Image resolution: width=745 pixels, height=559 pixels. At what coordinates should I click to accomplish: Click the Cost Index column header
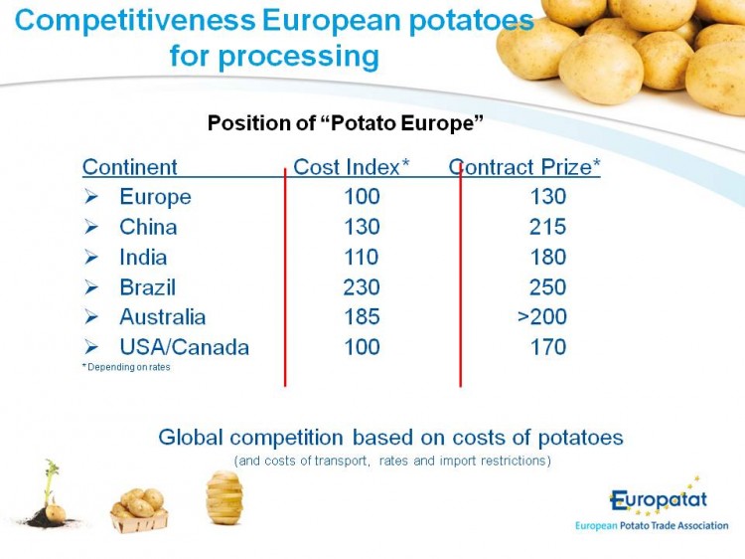pos(351,167)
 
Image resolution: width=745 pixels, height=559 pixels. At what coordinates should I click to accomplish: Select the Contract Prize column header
pos(524,167)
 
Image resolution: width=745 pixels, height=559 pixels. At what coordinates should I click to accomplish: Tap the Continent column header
pos(130,167)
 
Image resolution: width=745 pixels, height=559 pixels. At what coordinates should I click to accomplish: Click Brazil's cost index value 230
pos(362,286)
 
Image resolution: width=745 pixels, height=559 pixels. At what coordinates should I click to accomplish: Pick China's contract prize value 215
pos(547,227)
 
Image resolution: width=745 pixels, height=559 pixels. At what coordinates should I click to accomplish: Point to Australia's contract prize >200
pos(542,317)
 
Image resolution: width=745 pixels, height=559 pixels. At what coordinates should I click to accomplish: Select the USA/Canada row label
pos(185,347)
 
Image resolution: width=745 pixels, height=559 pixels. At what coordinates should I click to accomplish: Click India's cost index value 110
pos(362,257)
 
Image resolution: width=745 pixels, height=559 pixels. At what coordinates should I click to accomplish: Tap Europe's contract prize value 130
pos(548,197)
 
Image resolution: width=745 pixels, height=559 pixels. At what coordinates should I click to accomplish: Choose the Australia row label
pos(163,317)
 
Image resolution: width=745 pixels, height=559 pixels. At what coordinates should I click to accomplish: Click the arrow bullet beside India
pos(91,258)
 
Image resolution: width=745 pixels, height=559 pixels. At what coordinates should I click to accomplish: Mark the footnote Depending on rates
pos(126,367)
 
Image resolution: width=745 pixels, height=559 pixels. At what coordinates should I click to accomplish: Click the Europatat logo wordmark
pos(659,499)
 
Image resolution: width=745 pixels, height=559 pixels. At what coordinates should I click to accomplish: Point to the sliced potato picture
pos(224,497)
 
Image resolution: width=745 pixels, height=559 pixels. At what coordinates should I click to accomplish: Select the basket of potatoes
pos(139,510)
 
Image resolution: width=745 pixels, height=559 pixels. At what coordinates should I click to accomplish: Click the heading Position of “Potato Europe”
pos(346,123)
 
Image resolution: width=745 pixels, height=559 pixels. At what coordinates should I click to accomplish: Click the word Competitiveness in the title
pos(135,21)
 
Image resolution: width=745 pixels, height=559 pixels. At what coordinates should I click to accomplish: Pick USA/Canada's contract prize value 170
pos(548,347)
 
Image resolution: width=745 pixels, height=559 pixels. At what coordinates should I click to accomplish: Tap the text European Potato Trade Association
pos(652,526)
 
